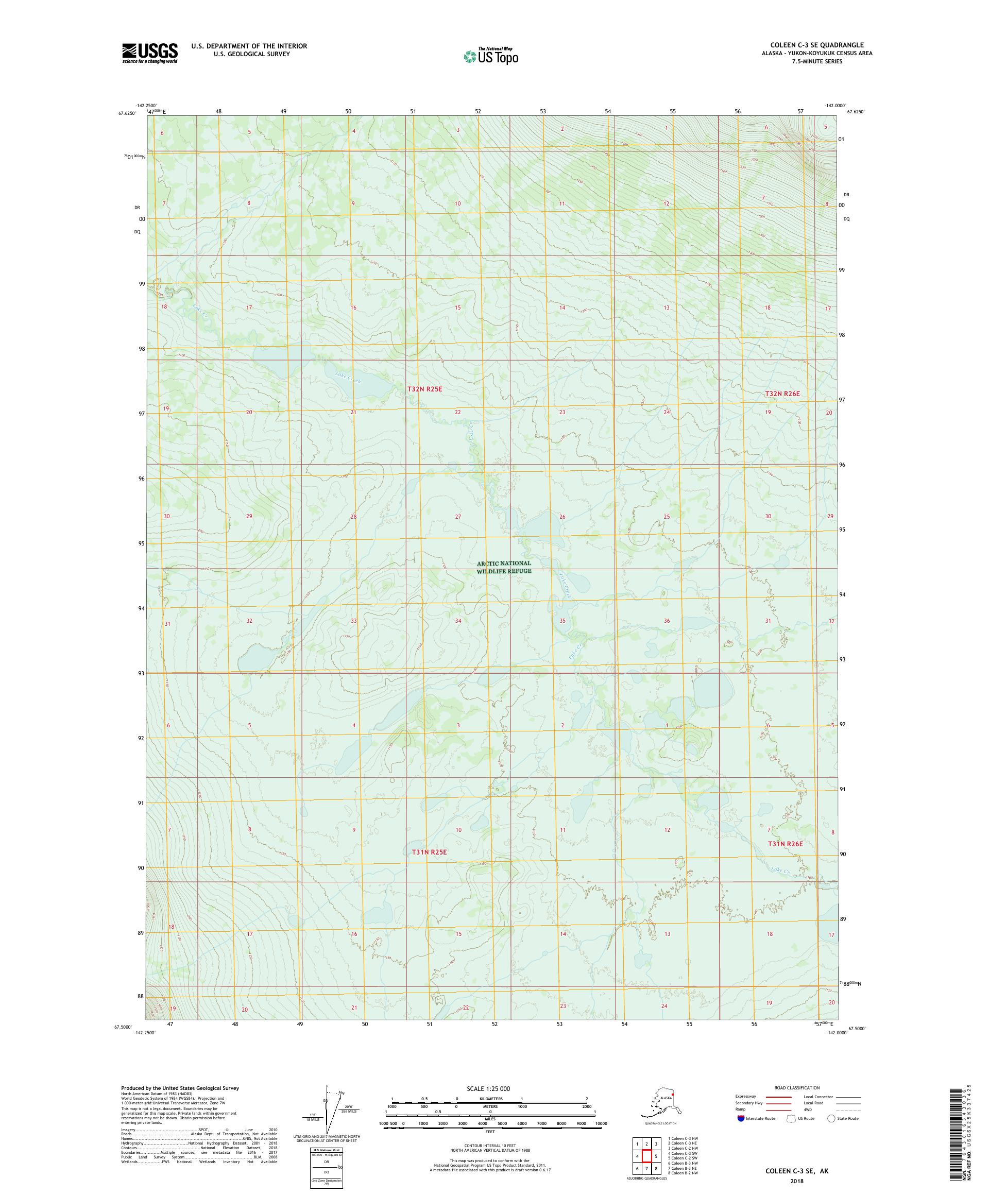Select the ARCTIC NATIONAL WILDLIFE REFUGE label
(504, 567)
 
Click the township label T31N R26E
(786, 843)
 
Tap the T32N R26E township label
(782, 393)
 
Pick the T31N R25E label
(429, 852)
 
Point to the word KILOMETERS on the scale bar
(490, 1098)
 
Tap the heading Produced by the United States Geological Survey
(180, 1087)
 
